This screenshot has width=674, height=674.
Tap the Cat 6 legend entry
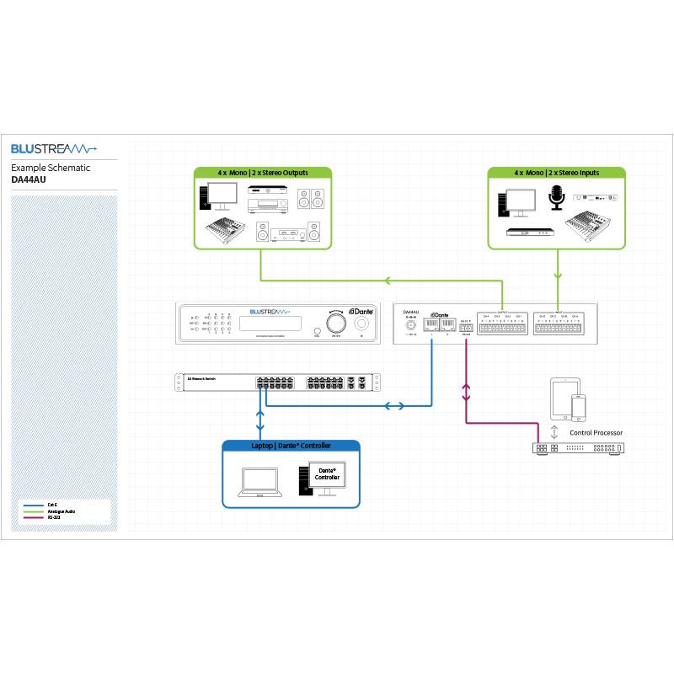click(52, 504)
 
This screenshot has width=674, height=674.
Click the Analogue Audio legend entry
click(57, 510)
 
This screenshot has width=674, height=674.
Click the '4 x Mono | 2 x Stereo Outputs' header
click(262, 173)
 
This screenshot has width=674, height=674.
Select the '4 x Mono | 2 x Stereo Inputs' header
click(557, 173)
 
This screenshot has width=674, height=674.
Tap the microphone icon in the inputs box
click(556, 199)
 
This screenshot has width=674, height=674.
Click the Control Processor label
click(596, 432)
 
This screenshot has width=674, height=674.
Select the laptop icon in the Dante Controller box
click(259, 481)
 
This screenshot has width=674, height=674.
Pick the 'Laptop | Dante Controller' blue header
click(291, 446)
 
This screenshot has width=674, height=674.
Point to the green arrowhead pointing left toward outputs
click(388, 281)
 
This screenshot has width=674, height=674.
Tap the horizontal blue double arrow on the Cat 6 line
click(393, 406)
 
